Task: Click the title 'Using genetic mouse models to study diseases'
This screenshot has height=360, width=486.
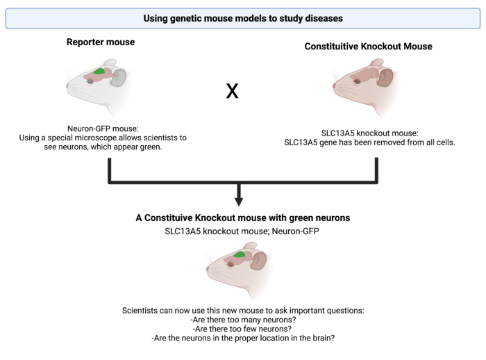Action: point(242,17)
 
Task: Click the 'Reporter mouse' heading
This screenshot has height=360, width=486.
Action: point(100,42)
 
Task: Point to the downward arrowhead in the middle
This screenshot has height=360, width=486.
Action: point(239,201)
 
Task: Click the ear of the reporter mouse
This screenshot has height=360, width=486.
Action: point(119,77)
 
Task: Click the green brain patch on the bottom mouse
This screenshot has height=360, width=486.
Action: point(240,255)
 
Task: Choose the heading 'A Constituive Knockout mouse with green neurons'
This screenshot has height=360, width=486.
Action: point(242,218)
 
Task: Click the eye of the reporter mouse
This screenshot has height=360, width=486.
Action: point(90,80)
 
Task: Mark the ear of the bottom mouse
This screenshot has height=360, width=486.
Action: point(258,261)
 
